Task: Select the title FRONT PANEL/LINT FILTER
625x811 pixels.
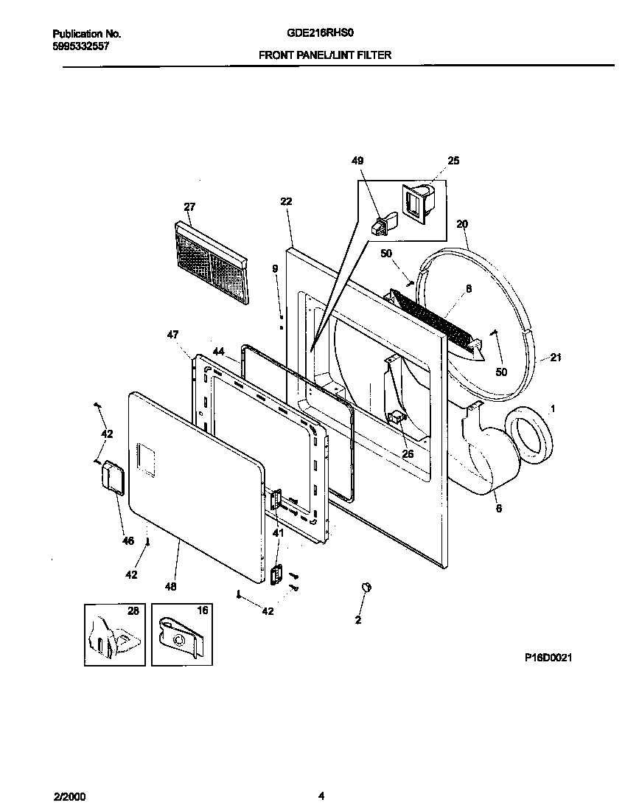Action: [324, 55]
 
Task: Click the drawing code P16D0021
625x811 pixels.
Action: [548, 657]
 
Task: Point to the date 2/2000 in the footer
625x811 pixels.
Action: [69, 796]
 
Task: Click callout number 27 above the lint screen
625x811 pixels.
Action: [189, 206]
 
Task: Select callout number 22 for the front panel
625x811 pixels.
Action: [287, 201]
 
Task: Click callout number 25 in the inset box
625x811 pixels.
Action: [453, 160]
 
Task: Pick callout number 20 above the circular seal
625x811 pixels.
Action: [462, 223]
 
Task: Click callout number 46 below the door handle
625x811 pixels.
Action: [128, 541]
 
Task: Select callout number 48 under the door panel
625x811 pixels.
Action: [170, 587]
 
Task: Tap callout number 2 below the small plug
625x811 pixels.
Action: [358, 620]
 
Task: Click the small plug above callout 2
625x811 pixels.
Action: [365, 587]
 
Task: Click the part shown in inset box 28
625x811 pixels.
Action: [114, 635]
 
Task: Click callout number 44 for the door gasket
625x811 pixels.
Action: [218, 352]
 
